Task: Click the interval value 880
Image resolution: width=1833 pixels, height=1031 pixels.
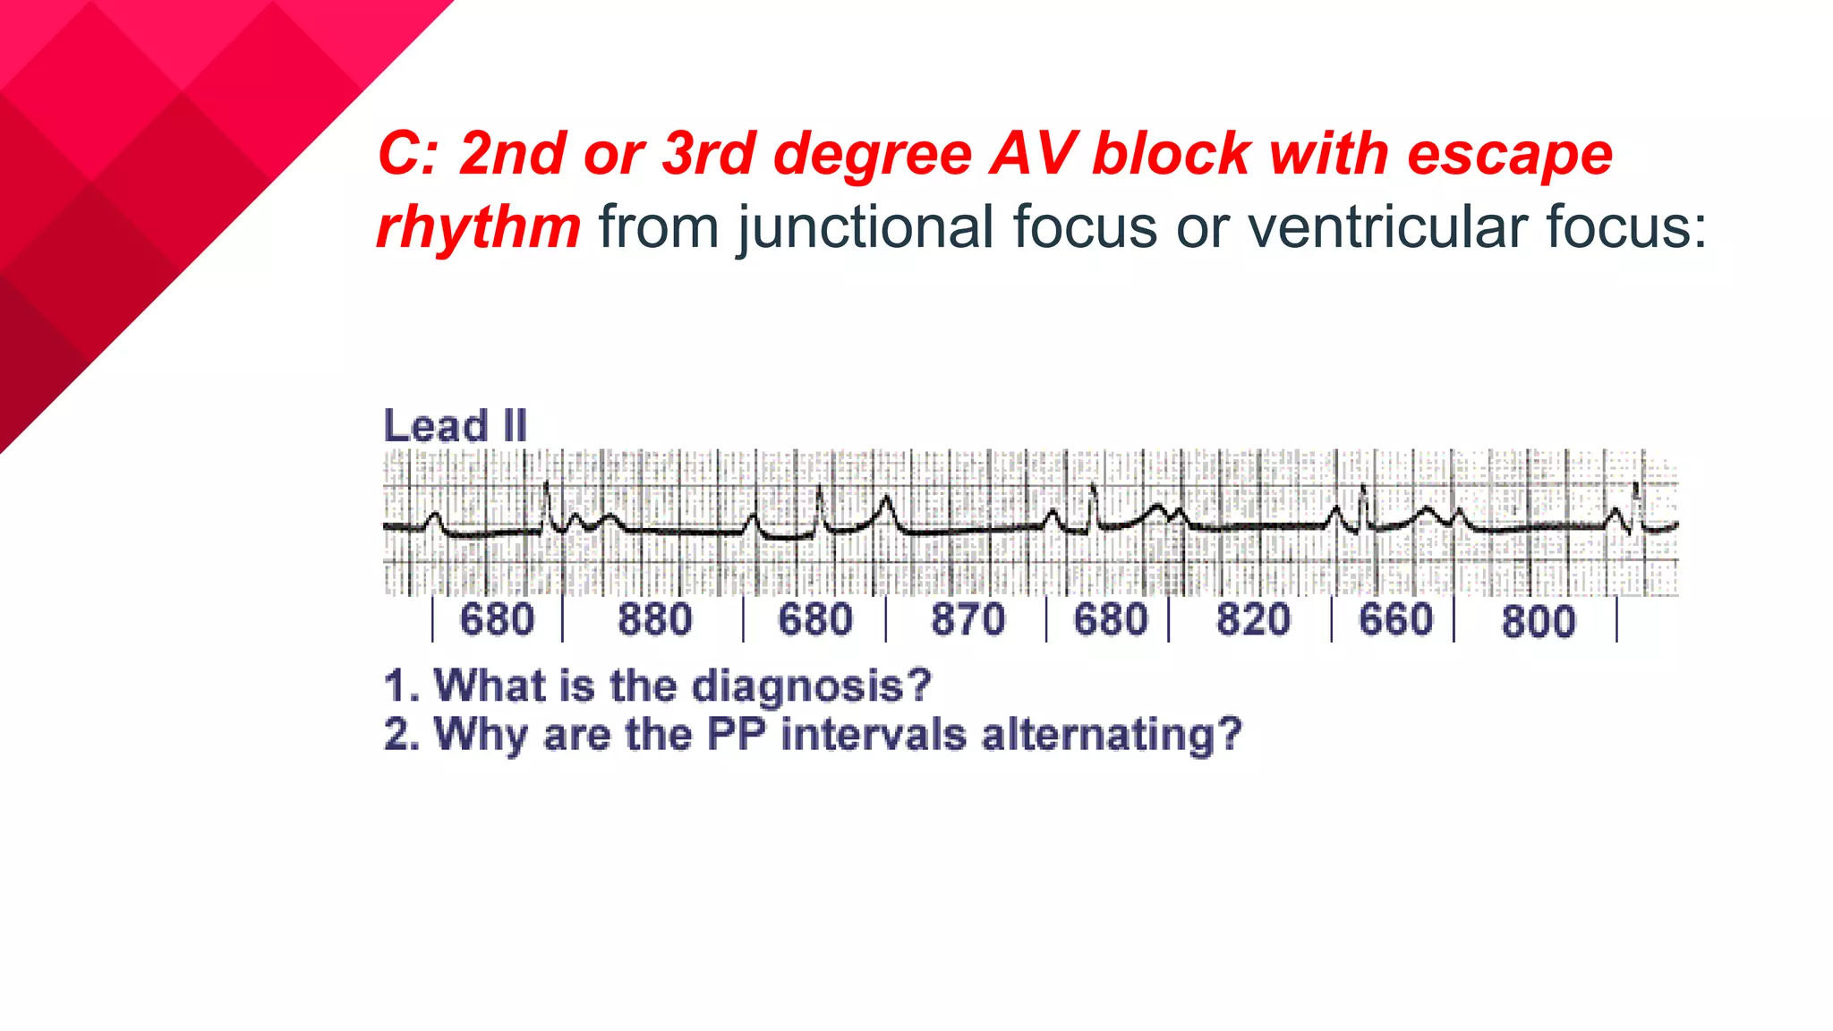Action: [x=654, y=620]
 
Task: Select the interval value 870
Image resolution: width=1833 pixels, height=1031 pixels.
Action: [x=968, y=620]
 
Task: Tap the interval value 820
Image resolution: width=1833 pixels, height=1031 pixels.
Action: [x=1253, y=620]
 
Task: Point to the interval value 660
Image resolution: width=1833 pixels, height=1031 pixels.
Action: [x=1395, y=620]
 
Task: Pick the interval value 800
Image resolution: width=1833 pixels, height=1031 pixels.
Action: [x=1538, y=622]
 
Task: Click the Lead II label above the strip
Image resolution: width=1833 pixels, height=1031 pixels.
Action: [x=455, y=426]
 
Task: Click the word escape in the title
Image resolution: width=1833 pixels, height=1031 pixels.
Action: [x=1510, y=154]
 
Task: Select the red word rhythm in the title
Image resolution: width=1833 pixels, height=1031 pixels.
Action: [x=479, y=227]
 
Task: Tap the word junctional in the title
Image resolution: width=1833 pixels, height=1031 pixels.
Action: [x=865, y=227]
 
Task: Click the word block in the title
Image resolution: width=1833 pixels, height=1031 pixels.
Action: [x=1171, y=154]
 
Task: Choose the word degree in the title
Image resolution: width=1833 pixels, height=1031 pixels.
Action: [x=873, y=154]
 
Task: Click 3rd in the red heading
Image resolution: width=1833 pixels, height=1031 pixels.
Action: [x=709, y=154]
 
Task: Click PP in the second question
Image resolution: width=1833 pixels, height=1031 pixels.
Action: [x=736, y=735]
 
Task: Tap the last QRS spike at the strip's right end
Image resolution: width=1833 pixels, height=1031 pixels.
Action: [x=1636, y=501]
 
